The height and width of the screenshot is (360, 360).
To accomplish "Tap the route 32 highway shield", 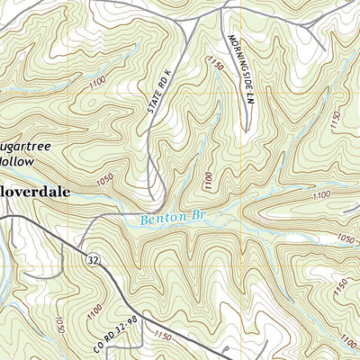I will click(x=93, y=260).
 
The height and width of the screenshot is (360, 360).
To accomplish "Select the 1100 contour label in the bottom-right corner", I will click(x=346, y=339).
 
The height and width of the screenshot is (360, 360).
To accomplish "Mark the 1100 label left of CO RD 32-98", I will click(x=94, y=309).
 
